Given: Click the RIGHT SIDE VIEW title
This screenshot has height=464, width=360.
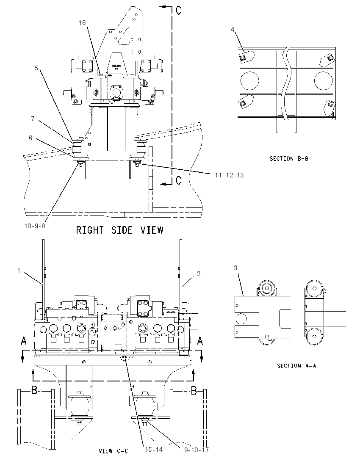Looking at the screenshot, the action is point(119,230).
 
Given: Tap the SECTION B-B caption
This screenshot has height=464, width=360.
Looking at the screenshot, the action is point(289,159).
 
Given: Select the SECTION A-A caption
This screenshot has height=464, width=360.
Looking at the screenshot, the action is point(296,366).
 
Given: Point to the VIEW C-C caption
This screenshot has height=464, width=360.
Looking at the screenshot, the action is point(114,451).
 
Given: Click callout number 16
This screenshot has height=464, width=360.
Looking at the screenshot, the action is point(82,23).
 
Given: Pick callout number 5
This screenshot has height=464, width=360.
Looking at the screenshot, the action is point(36,68).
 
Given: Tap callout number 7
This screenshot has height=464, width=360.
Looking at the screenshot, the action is point(33,119).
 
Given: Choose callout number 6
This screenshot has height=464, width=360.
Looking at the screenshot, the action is point(30,138).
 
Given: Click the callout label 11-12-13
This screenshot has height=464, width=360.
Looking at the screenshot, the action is point(229,175).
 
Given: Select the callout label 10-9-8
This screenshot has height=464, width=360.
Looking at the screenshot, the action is point(35,226).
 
